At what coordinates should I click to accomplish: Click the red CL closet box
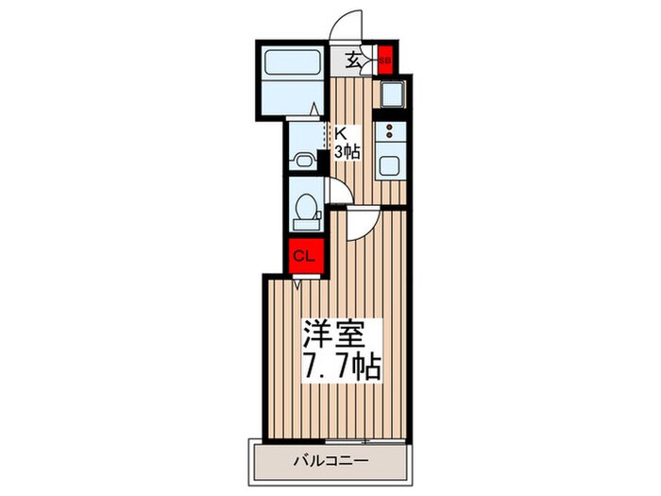click(305, 256)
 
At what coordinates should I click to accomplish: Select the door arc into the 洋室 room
click(360, 223)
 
